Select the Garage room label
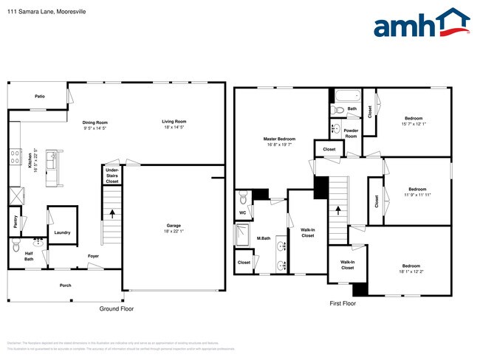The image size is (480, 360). click(x=174, y=226)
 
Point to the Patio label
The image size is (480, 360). click(x=41, y=97)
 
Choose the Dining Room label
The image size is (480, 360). click(x=95, y=122)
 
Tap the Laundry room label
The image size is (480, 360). click(x=62, y=232)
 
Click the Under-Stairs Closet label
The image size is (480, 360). click(x=112, y=175)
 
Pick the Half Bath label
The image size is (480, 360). click(x=29, y=256)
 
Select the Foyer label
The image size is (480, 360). click(x=94, y=256)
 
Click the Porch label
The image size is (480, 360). click(x=66, y=285)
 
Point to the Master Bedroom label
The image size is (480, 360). click(x=279, y=139)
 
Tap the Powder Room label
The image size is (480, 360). click(x=351, y=133)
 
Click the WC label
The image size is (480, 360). click(x=242, y=213)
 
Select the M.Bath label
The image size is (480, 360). click(x=263, y=238)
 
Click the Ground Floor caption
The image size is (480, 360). click(x=117, y=309)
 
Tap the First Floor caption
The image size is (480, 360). click(x=343, y=303)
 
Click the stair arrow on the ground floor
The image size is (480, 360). click(x=112, y=215)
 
